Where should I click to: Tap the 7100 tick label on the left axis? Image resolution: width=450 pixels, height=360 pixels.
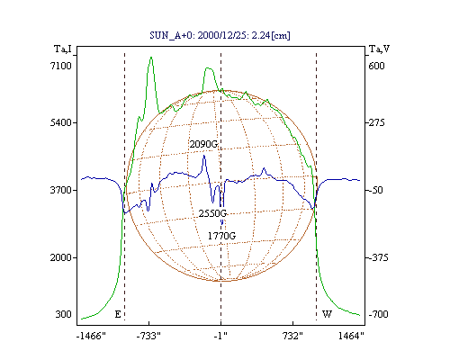(61, 66)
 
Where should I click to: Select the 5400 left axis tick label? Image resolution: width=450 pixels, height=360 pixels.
(61, 122)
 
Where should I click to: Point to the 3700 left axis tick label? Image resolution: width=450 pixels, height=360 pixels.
(61, 190)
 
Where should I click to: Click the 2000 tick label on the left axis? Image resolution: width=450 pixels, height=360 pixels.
(61, 257)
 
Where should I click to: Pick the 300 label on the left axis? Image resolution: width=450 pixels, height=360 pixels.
(63, 314)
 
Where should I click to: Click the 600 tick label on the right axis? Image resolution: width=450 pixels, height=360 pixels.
(376, 66)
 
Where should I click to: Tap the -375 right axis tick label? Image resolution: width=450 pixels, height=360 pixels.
(378, 257)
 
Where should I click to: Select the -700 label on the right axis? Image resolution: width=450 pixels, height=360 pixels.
(378, 314)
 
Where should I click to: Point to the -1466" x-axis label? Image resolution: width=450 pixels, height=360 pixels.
(91, 336)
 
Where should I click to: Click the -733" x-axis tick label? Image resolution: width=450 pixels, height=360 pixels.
(148, 336)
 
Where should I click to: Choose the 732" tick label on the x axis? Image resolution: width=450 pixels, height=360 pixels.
(292, 336)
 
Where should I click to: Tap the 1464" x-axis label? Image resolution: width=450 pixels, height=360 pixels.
(351, 336)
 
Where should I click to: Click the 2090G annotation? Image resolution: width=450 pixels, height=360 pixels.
(203, 144)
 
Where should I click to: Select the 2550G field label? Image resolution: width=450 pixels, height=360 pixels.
(212, 213)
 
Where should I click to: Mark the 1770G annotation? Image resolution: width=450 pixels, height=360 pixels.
(221, 236)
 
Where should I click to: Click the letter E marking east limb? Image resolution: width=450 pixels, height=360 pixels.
(118, 314)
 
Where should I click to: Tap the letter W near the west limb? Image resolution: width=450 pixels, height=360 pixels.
(327, 314)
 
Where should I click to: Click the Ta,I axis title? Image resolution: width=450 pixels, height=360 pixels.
(63, 49)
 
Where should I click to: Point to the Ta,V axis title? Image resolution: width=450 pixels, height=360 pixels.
(380, 49)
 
